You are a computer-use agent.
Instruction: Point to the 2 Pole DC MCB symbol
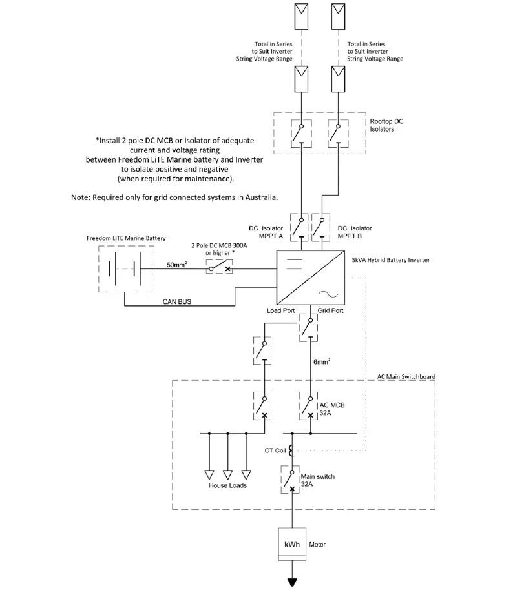pos(219,267)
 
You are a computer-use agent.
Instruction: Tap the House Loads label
pos(227,485)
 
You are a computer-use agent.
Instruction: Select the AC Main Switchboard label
pos(406,376)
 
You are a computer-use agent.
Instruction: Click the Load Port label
pos(280,310)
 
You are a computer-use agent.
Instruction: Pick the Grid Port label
pos(331,310)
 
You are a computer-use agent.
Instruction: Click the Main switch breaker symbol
pos(292,480)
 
